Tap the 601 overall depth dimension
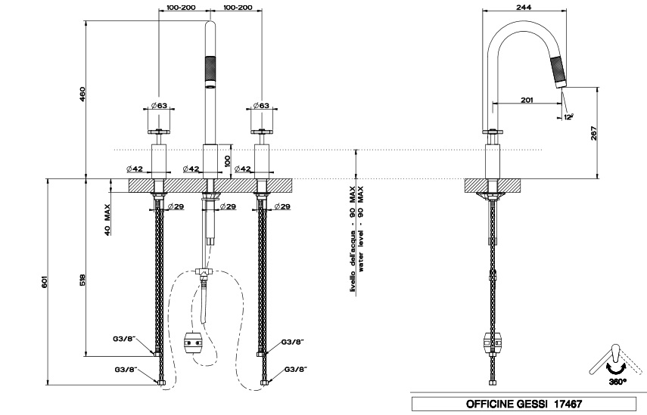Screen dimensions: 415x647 coord(46,282)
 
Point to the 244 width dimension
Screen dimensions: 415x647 coord(521,7)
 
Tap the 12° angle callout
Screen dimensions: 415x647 coord(568,116)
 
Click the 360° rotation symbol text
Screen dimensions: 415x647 coord(615,382)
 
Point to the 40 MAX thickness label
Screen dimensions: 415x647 coord(108,219)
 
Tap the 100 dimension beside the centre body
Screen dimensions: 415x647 coord(227,159)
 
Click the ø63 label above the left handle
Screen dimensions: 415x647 coord(159,105)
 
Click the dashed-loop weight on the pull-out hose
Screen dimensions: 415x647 coord(193,343)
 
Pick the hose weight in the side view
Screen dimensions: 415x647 coord(492,343)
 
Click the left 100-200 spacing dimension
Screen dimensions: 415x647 coord(179,7)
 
